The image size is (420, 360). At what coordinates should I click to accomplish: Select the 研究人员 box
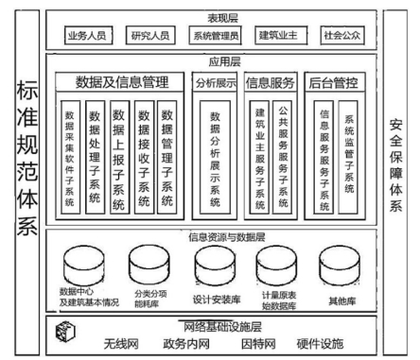pyautogui.click(x=152, y=38)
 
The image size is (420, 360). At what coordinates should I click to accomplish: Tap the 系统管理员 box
pyautogui.click(x=215, y=38)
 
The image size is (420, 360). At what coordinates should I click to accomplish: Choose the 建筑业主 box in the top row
pyautogui.click(x=277, y=38)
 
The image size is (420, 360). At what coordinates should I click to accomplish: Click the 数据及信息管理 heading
pyautogui.click(x=120, y=82)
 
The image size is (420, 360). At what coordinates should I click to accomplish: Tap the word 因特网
pyautogui.click(x=256, y=341)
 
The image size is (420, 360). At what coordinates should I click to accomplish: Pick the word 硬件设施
pyautogui.click(x=319, y=341)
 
